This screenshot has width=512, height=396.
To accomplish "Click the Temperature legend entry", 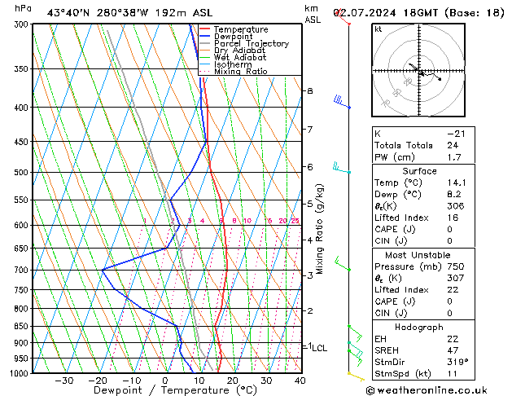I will (x=240, y=29).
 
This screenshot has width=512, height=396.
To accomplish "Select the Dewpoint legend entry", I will (x=235, y=37).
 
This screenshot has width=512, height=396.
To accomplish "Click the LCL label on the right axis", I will (x=318, y=348).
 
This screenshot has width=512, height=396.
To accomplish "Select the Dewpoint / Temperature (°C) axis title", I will (x=164, y=390).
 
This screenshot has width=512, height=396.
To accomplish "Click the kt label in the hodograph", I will (x=378, y=29).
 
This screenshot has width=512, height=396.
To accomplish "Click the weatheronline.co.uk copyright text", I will (x=436, y=389).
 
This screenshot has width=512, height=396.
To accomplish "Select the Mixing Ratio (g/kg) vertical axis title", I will (x=321, y=228).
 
